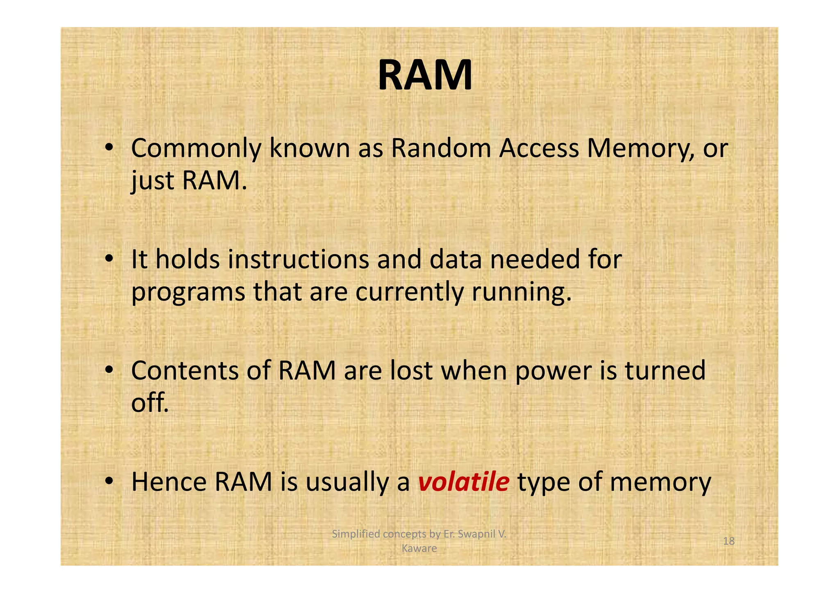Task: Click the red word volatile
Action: [463, 482]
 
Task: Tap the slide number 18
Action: [729, 541]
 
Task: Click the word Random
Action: [441, 148]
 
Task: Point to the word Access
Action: [539, 148]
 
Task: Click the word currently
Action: [409, 293]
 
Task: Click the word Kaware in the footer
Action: [419, 548]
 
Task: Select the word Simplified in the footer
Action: [356, 534]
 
